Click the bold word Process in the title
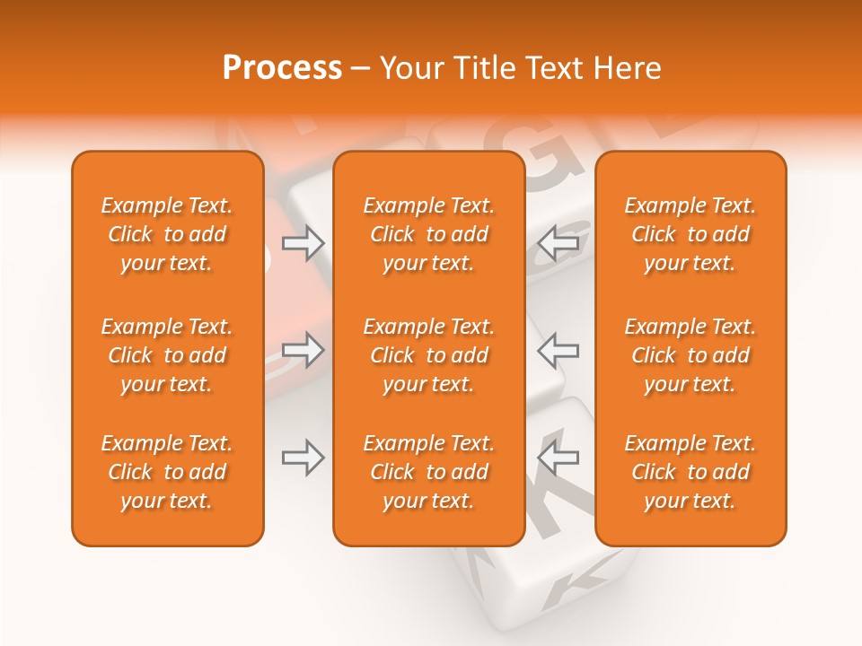pos(282,67)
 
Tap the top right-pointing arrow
pos(303,242)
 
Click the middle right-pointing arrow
pos(303,350)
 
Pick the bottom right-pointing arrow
pos(303,458)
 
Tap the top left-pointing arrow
pos(559,242)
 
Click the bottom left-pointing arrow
pos(559,458)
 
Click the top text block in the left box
pos(167,234)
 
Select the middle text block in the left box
pos(167,355)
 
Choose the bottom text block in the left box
pos(167,472)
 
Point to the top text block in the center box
pos(429,234)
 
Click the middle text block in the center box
pos(429,355)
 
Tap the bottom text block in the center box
pos(429,472)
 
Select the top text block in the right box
pos(690,234)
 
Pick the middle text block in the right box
pos(690,355)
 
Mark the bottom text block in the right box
pos(690,472)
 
